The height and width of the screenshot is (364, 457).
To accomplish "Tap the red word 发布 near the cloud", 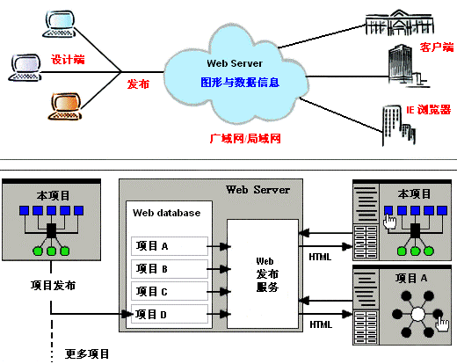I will pos(139,84).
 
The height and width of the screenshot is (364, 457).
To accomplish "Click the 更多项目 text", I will pos(88,354).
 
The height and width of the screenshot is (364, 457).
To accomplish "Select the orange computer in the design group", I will pos(63,105).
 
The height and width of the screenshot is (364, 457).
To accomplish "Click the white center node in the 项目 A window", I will pos(418,313).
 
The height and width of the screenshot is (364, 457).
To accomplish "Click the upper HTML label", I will pos(321,256).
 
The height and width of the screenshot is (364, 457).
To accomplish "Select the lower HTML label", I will pos(321,325).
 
